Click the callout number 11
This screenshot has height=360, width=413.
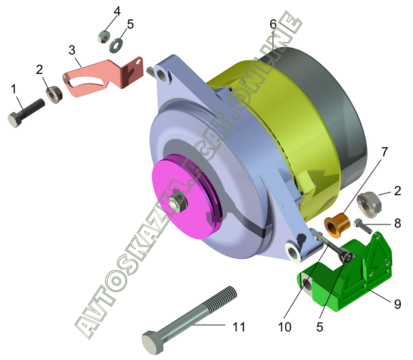click(x=238, y=327)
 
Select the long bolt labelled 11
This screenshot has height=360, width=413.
click(x=189, y=320)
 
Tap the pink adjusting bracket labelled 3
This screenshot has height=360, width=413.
click(x=103, y=77)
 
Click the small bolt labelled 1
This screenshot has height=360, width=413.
click(x=26, y=113)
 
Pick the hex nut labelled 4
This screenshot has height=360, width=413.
click(x=104, y=36)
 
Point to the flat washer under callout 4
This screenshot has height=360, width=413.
click(x=116, y=45)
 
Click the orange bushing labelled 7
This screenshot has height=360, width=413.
click(x=337, y=225)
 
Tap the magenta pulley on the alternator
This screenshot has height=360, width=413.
click(x=186, y=197)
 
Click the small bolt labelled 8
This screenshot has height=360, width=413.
click(x=363, y=226)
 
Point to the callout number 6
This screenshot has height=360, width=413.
click(x=273, y=25)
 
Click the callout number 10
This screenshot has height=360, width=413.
click(x=284, y=327)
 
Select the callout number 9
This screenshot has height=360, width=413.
click(x=397, y=304)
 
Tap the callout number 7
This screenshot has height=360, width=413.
click(x=384, y=152)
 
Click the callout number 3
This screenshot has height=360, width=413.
click(x=72, y=50)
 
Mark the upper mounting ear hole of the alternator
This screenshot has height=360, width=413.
click(x=162, y=75)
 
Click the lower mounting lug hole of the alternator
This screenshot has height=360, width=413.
click(x=293, y=252)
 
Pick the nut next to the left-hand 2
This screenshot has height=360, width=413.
click(x=55, y=95)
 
